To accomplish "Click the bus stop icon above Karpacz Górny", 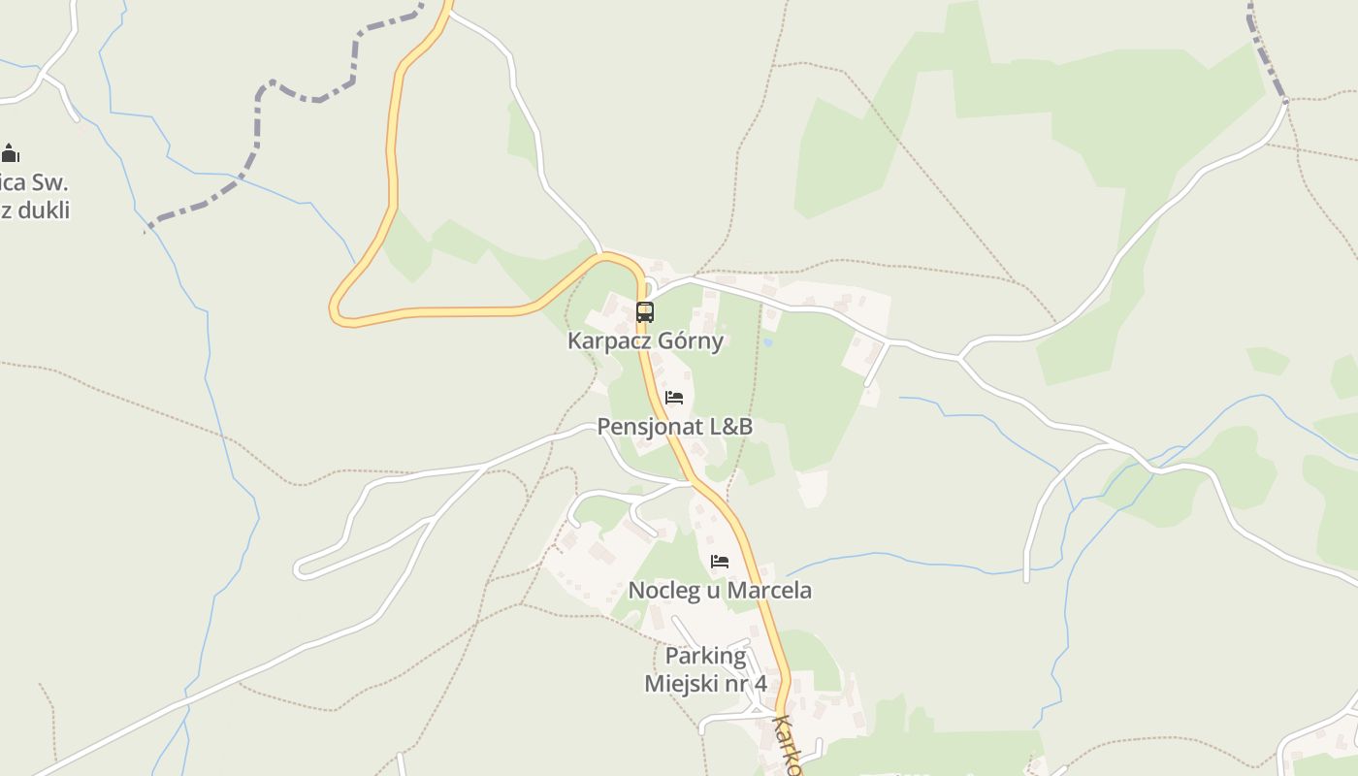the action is coord(645,312).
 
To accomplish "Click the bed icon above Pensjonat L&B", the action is coord(674,398).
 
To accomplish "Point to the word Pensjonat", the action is coord(642,427).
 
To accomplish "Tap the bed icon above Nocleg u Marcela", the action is coord(720,562).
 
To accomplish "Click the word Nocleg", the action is coord(664,590).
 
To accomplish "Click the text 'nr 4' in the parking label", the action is coord(747,683).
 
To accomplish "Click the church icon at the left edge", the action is coord(11,153).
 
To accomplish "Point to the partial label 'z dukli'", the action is coord(37,210).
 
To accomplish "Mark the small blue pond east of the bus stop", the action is coord(768,341).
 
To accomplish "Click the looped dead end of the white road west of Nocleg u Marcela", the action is coord(301,568).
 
